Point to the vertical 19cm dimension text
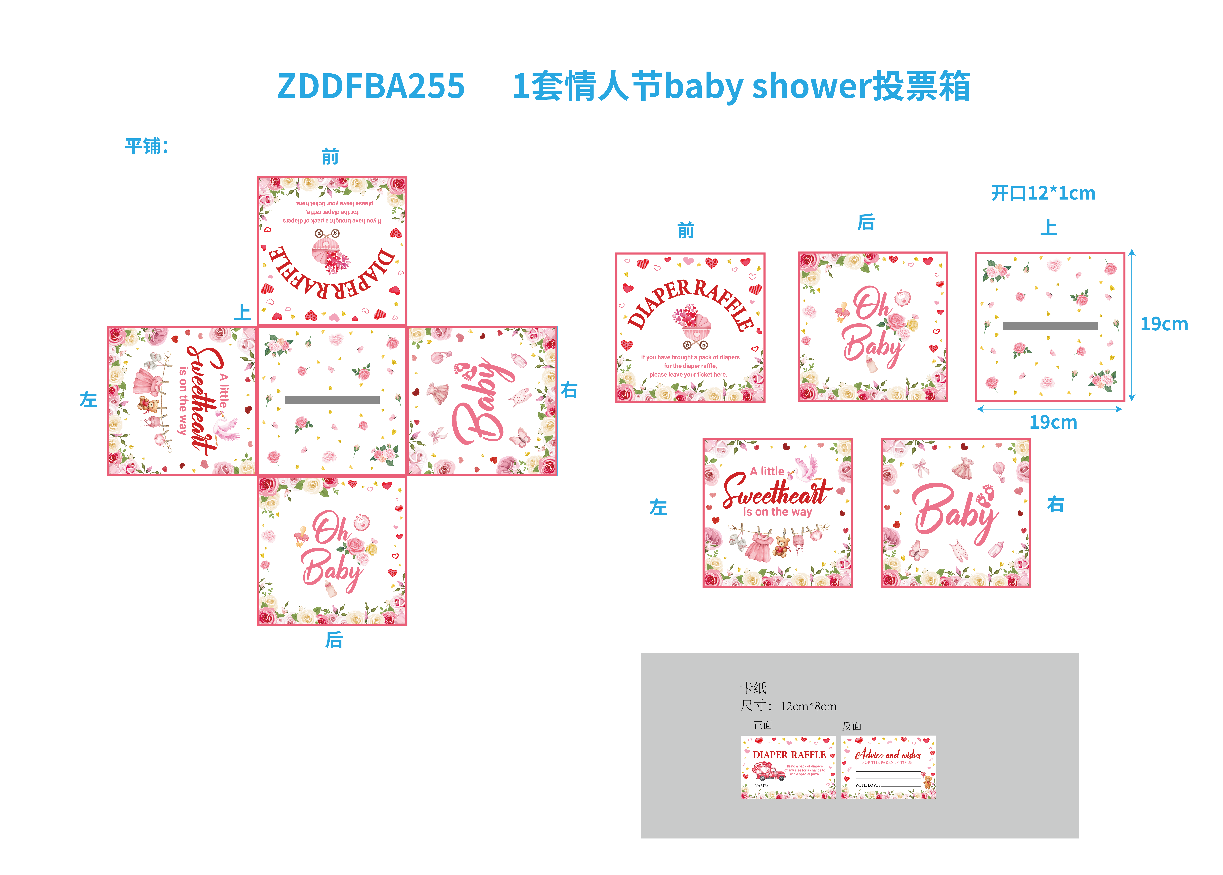[1164, 324]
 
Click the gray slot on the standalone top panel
[1050, 325]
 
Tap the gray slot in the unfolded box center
[332, 400]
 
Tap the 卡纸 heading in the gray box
[753, 688]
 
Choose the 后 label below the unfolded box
[333, 640]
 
